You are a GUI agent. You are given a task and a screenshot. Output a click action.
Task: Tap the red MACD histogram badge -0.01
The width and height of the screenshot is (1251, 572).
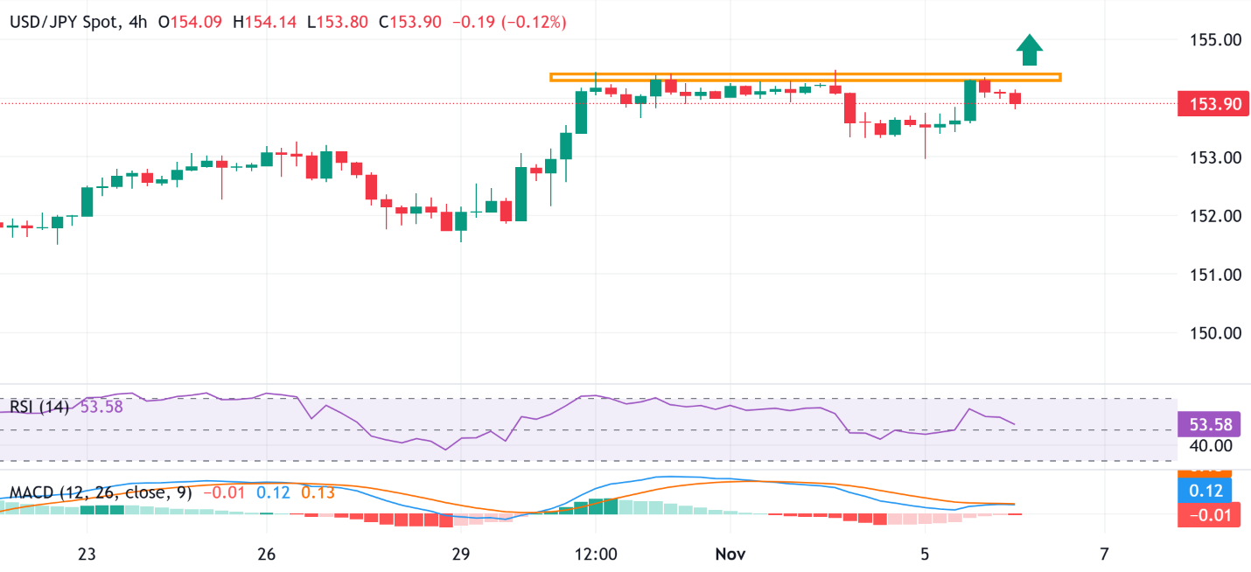pyautogui.click(x=1210, y=515)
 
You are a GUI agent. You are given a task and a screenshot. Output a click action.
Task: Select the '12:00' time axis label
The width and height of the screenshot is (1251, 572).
pyautogui.click(x=595, y=554)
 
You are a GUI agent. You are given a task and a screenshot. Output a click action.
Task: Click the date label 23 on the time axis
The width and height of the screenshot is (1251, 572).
pyautogui.click(x=86, y=554)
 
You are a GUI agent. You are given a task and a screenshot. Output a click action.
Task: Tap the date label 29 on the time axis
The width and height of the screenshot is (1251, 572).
pyautogui.click(x=461, y=554)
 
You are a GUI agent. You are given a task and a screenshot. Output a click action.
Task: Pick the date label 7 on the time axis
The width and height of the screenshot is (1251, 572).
pyautogui.click(x=1104, y=554)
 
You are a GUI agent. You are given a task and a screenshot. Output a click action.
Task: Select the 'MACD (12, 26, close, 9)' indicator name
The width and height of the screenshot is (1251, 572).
pyautogui.click(x=101, y=492)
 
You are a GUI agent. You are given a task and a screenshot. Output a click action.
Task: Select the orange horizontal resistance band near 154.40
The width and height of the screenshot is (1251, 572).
pyautogui.click(x=805, y=77)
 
